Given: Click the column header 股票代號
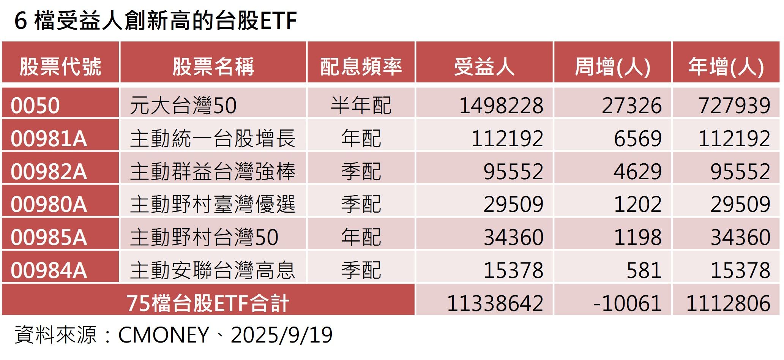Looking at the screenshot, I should [x=60, y=66].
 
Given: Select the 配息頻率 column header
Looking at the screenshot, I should [x=361, y=66].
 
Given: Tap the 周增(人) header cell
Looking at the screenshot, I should [x=612, y=66].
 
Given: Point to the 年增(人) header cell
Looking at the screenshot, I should [x=726, y=66].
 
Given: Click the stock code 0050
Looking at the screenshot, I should [x=35, y=105].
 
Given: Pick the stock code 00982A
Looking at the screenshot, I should [x=49, y=171].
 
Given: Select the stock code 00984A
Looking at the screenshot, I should [x=49, y=270].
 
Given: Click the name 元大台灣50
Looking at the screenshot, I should [x=183, y=105].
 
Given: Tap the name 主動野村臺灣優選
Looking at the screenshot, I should [x=213, y=204].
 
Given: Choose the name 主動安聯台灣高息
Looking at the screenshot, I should [x=213, y=270].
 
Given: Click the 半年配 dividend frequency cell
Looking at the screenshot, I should [x=361, y=105].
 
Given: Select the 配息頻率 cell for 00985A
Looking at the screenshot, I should [x=361, y=237].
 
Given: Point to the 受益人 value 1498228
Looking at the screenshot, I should [x=501, y=105].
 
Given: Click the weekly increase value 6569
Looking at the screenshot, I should [x=638, y=138].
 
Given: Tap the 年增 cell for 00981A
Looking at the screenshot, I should [x=734, y=138].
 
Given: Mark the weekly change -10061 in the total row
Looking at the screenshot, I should [x=627, y=303].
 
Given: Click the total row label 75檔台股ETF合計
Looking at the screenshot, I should [x=208, y=303].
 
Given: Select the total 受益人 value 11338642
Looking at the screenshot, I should [x=495, y=303].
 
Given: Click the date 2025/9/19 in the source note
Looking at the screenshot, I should [x=282, y=335].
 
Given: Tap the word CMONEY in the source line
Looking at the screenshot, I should [x=164, y=335].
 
